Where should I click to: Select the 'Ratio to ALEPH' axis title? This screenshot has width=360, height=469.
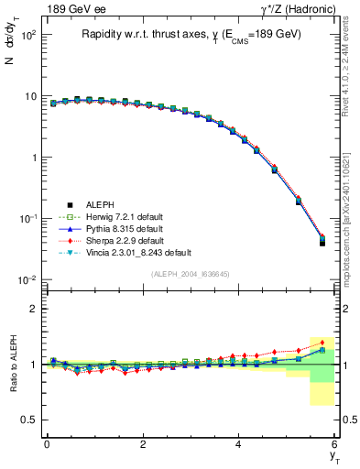point(12,365)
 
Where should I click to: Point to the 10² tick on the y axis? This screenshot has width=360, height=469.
point(27,35)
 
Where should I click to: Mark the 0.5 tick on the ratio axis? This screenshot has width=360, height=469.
point(29,420)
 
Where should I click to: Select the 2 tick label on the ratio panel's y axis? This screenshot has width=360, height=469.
point(33,309)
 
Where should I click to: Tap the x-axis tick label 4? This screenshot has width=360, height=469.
point(239,444)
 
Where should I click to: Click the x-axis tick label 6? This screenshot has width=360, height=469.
point(335,444)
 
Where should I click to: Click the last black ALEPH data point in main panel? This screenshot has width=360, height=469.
point(322,243)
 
